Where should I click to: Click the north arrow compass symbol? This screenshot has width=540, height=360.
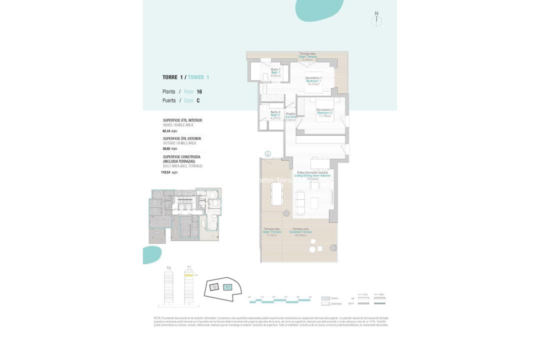(x=376, y=20)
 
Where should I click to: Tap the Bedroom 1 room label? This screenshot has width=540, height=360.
(x=313, y=81)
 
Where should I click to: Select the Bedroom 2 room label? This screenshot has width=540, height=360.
(x=324, y=112)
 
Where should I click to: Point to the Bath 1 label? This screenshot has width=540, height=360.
(x=275, y=72)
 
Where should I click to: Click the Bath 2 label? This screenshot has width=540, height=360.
(x=275, y=115)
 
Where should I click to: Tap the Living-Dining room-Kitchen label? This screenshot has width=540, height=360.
(x=313, y=175)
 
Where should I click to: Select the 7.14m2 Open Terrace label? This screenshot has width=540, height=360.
(x=272, y=231)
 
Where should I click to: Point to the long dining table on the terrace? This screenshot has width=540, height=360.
(x=276, y=193)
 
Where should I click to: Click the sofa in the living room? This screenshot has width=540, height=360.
(x=300, y=202)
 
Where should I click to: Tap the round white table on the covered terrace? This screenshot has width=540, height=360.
(x=312, y=249)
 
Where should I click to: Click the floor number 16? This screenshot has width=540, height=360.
(x=199, y=92)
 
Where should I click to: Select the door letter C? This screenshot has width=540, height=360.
(x=198, y=100)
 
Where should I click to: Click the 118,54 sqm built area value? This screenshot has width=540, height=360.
(x=166, y=172)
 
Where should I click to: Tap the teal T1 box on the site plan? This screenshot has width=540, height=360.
(x=227, y=287)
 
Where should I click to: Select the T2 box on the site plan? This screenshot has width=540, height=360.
(x=214, y=287)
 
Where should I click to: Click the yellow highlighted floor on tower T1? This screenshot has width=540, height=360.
(x=188, y=275)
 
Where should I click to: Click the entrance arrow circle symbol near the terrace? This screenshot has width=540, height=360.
(x=267, y=154)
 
